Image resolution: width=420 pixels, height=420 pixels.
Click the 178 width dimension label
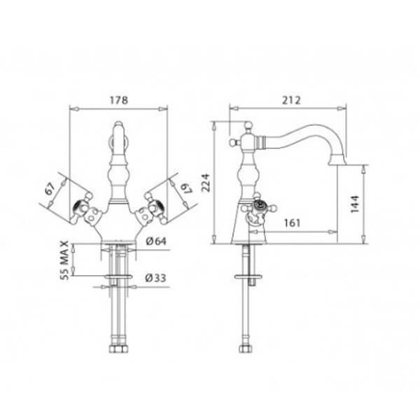tap(120, 100)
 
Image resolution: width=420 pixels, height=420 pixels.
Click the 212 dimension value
tap(291, 100)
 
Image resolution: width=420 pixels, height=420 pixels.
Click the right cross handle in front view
tap(153, 208)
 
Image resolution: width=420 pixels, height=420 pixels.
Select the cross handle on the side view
tap(260, 206)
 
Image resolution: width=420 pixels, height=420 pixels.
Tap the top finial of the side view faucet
tap(246, 127)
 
